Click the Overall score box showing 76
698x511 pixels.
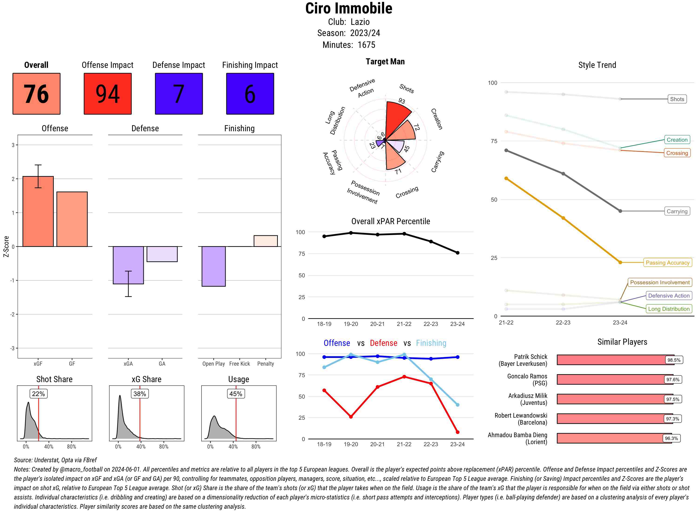pos(36,94)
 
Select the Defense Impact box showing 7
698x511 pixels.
pos(179,94)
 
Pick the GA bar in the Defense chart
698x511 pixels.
pos(162,254)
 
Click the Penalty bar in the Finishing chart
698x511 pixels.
pos(265,241)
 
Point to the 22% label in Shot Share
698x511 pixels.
pos(38,394)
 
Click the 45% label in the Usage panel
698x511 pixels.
pos(236,394)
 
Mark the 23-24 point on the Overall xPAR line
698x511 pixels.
pos(458,253)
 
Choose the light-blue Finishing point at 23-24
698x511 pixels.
pos(458,405)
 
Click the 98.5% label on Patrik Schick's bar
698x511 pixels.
pos(674,360)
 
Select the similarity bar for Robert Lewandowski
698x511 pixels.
pos(615,419)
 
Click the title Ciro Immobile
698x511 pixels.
pos(349,8)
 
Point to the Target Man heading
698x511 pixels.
pos(385,62)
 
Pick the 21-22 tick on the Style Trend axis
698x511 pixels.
pos(506,323)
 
